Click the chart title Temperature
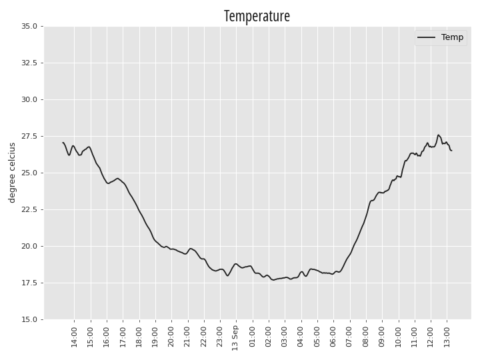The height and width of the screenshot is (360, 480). click(x=257, y=16)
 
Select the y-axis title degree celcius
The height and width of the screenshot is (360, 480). click(x=12, y=173)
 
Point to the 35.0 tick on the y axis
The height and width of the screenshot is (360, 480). click(x=29, y=26)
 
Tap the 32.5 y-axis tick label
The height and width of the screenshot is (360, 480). click(x=29, y=63)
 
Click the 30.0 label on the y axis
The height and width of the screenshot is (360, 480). click(x=29, y=99)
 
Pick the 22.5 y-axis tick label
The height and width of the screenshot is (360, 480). click(x=29, y=209)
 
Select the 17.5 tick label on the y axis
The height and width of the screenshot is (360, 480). click(x=29, y=283)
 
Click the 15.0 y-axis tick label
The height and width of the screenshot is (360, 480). click(x=29, y=319)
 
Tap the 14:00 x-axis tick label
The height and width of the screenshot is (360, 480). click(x=75, y=337)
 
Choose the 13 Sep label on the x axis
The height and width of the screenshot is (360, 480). click(x=235, y=338)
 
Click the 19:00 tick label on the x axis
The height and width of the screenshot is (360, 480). click(x=155, y=337)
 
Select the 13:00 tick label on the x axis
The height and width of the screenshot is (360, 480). click(x=447, y=337)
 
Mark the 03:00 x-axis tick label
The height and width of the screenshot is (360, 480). click(x=285, y=337)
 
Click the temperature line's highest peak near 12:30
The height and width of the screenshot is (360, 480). click(x=439, y=135)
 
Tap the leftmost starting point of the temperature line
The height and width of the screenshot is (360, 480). click(x=63, y=143)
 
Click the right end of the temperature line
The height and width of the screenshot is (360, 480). click(x=451, y=151)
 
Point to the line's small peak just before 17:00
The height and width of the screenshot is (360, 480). click(x=117, y=179)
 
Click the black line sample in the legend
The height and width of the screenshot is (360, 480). click(x=427, y=37)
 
